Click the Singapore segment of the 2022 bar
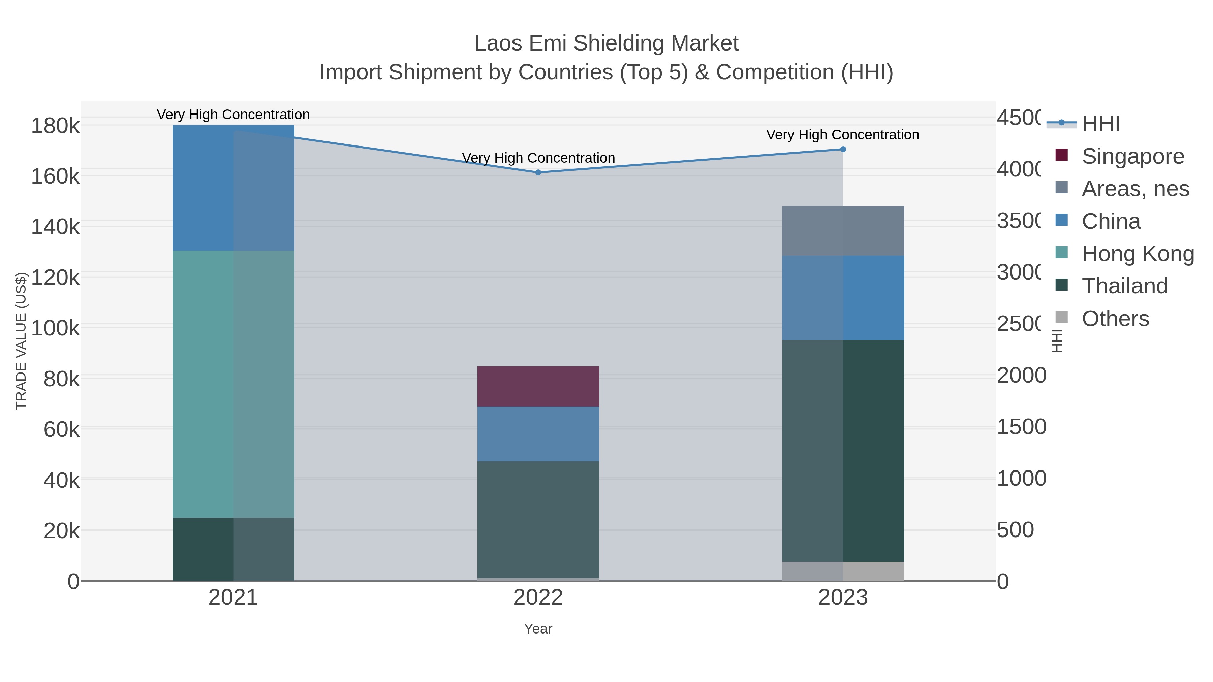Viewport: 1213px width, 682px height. pyautogui.click(x=538, y=386)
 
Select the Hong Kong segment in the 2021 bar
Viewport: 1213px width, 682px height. pyautogui.click(x=233, y=384)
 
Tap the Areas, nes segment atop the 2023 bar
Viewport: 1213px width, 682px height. pyautogui.click(x=843, y=231)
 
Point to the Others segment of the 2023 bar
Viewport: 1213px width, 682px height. pyautogui.click(x=843, y=571)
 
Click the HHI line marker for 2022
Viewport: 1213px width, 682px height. pyautogui.click(x=538, y=172)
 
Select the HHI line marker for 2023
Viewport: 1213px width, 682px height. pyautogui.click(x=843, y=149)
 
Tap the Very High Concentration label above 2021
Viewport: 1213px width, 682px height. pyautogui.click(x=233, y=115)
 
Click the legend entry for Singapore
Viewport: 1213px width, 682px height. pyautogui.click(x=1132, y=156)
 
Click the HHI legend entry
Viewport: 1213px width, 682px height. pyautogui.click(x=1100, y=124)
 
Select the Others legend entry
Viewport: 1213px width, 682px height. pyautogui.click(x=1115, y=319)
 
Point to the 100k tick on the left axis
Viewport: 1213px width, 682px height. pyautogui.click(x=56, y=328)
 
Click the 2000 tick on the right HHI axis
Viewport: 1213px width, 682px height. pyautogui.click(x=1021, y=375)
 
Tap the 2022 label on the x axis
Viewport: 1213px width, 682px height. pyautogui.click(x=538, y=598)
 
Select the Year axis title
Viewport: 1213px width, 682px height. pyautogui.click(x=538, y=629)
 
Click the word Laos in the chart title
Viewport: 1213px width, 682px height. pyautogui.click(x=498, y=43)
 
